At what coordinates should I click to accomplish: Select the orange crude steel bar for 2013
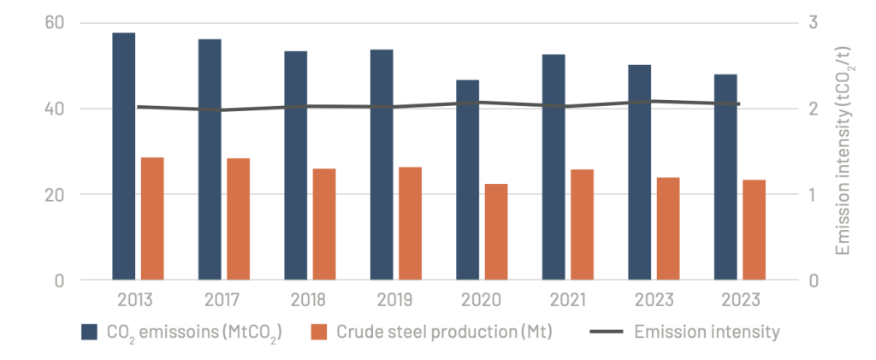point(152,218)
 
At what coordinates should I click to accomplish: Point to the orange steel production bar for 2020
point(496,232)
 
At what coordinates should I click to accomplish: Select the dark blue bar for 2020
point(467,180)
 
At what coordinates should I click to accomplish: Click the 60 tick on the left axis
point(55,22)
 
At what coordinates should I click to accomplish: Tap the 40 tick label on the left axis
point(55,109)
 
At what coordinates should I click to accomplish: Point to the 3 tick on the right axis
point(814,22)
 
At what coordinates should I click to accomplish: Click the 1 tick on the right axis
point(814,194)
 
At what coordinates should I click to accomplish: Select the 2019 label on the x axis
point(394,301)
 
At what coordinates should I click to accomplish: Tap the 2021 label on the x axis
point(566,301)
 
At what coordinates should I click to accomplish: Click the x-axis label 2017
point(222,301)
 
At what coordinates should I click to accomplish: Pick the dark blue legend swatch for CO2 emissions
point(90,332)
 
